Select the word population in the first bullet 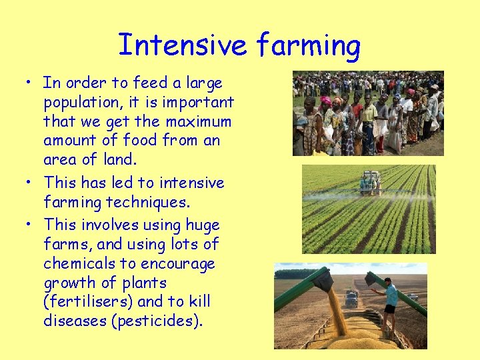[83, 103]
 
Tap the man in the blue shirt [389, 297]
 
